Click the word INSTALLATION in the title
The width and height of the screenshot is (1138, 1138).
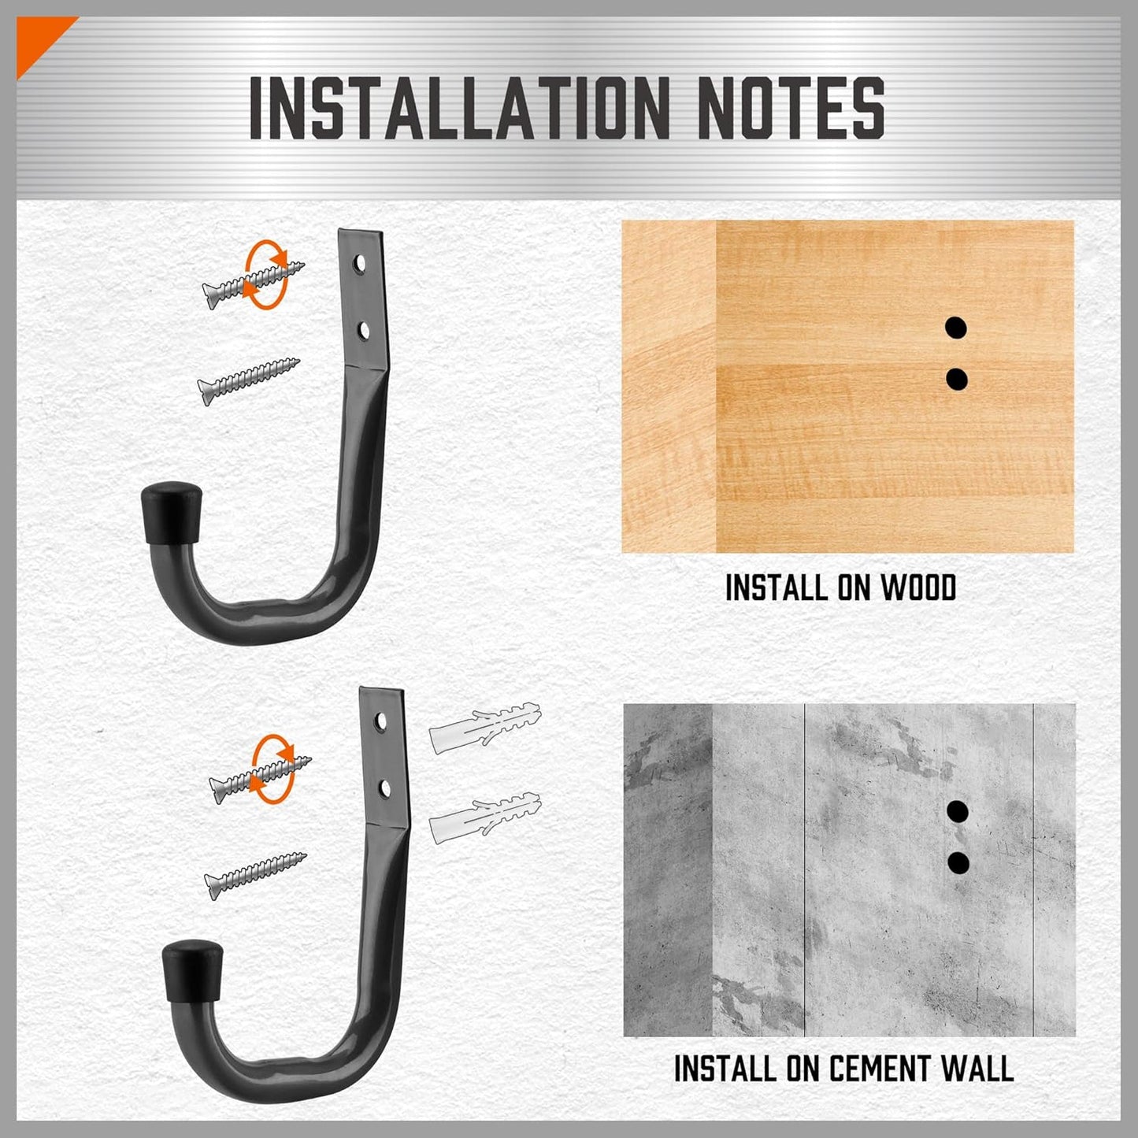(460, 107)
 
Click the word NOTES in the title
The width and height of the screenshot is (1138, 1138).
(792, 107)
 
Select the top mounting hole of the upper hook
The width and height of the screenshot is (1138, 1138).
(359, 264)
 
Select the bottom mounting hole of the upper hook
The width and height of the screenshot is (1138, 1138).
(364, 331)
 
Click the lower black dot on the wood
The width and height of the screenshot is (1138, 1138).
(956, 379)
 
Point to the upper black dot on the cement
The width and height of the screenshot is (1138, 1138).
(958, 811)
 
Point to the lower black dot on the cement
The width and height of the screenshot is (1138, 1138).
(958, 863)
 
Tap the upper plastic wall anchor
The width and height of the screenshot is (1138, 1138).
(485, 728)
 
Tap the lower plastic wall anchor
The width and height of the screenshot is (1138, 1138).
(484, 818)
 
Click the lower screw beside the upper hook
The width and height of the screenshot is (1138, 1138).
(248, 381)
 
